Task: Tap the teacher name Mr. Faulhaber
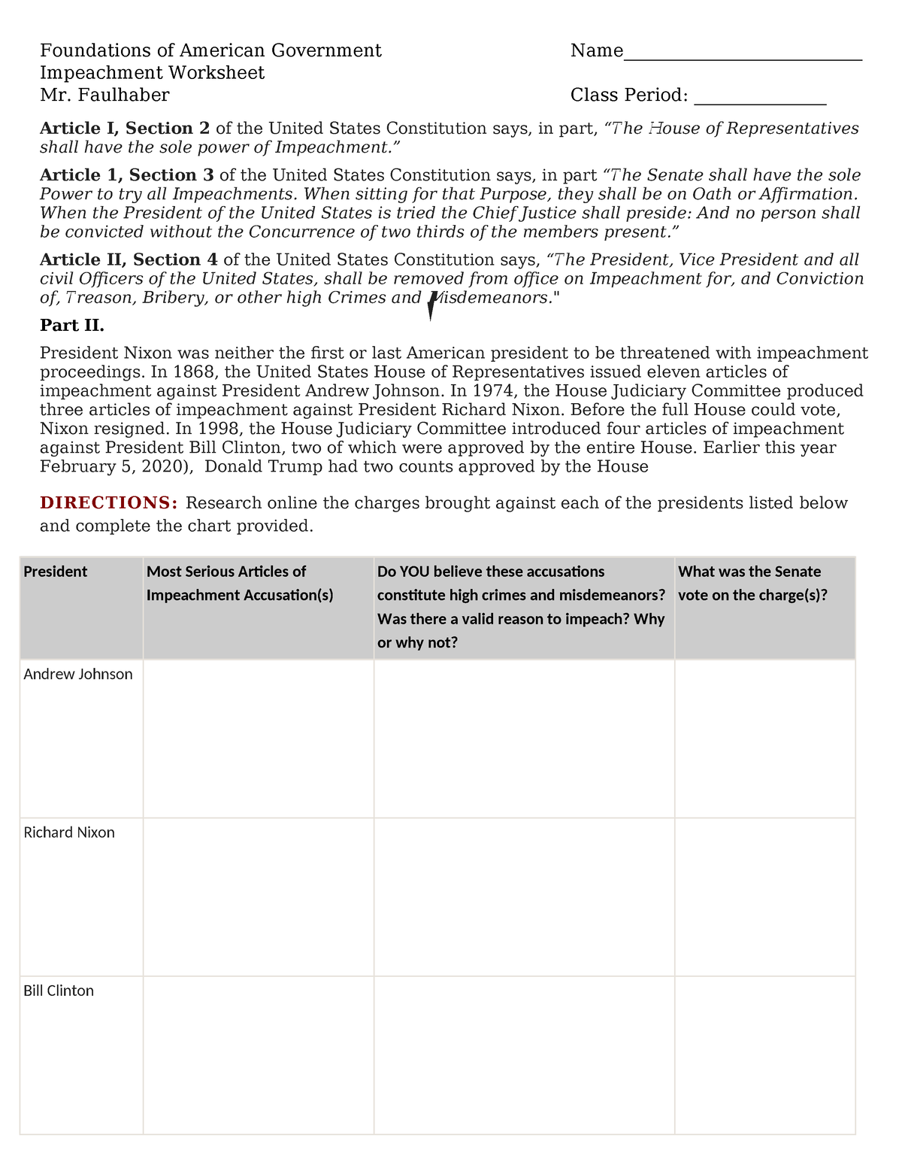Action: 104,95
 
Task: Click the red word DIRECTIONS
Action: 109,502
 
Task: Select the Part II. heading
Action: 72,326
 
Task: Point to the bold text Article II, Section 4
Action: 129,260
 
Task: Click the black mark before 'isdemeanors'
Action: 431,305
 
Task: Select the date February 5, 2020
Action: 117,467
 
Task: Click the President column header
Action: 56,572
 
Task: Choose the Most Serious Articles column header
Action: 240,583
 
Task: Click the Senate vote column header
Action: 752,583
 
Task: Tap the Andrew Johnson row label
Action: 78,675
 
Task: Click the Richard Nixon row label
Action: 69,833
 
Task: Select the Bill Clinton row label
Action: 59,991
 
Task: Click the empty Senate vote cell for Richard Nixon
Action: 764,896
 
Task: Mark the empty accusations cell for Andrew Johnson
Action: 258,739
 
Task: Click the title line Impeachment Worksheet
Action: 152,73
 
